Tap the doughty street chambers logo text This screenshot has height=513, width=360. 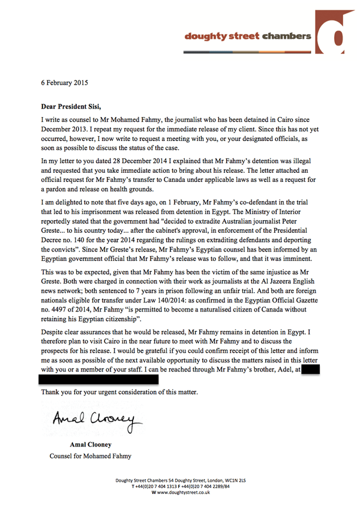248,37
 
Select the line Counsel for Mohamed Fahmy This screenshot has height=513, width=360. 90,455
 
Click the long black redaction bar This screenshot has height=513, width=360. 99,379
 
